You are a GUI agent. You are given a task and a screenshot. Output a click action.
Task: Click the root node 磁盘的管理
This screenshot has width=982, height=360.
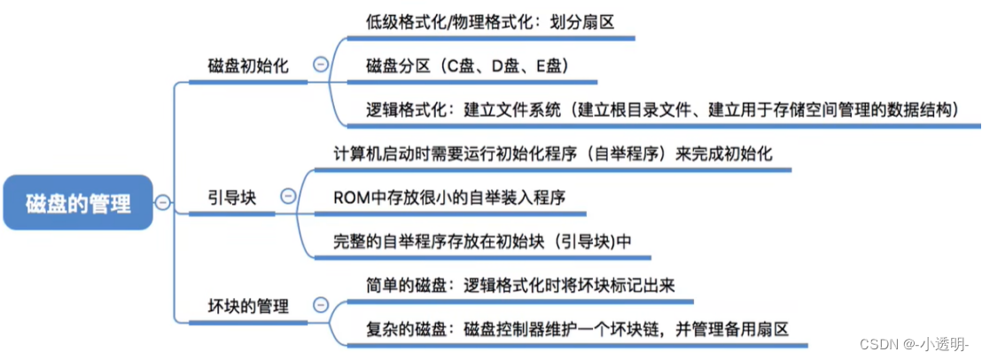(x=78, y=205)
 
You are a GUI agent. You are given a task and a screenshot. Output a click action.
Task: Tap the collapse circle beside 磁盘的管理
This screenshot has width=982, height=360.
(x=162, y=203)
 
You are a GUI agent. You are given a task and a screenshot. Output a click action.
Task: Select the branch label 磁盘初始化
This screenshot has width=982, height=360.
(x=247, y=66)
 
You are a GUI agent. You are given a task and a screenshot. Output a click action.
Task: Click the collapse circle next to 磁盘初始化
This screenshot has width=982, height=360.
(x=320, y=64)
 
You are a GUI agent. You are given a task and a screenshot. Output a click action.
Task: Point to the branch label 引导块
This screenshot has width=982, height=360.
(x=231, y=197)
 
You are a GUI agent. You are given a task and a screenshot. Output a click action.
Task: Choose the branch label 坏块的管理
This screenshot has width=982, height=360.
(x=247, y=307)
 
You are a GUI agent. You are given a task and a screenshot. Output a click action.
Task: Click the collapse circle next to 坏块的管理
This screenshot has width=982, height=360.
(x=320, y=307)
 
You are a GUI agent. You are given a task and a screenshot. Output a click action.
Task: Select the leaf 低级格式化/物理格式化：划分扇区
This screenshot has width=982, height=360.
(x=490, y=21)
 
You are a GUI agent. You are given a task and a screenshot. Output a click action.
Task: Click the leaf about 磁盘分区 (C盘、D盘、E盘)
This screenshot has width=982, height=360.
(x=466, y=66)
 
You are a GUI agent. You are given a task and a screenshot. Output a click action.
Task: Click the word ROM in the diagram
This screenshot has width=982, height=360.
(x=349, y=197)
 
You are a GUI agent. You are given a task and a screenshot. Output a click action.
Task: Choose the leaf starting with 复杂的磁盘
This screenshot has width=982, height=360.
(x=575, y=328)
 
